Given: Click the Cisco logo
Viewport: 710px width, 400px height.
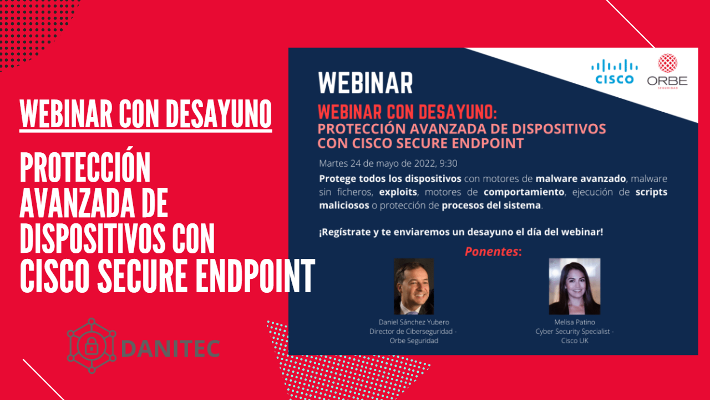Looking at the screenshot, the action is coord(614,72).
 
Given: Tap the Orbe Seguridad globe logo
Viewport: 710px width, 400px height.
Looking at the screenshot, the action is coord(667,63).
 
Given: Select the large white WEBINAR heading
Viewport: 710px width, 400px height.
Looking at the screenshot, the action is coord(366,83).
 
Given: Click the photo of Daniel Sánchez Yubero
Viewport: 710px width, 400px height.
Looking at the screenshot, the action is coord(414,286).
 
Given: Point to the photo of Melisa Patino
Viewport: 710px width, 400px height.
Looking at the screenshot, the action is coord(575,286).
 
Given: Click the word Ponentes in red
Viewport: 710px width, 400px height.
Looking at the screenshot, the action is coord(491,252).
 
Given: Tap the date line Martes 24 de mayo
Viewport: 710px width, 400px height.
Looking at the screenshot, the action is coord(388,163).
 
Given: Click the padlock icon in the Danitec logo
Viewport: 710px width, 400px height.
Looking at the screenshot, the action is coord(92,346).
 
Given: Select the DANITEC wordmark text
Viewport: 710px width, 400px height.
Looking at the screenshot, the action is coord(170,348).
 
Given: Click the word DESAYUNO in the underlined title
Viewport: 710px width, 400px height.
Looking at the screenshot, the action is coord(219,114).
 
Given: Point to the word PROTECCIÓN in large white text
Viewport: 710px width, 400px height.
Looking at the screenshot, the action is coord(85,167).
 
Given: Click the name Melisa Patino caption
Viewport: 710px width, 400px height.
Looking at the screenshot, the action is coord(574,322).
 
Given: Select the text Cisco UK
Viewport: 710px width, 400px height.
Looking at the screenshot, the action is coord(574,341).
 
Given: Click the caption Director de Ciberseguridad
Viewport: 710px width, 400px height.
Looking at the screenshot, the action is coord(411,332).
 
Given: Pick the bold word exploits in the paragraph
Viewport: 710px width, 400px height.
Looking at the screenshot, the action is coord(398,192).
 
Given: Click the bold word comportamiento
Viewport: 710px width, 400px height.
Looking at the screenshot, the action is coord(524,192).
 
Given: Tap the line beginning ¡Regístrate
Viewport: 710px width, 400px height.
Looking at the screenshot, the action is coord(461,232).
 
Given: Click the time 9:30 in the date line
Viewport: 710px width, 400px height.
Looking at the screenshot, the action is coord(448,163).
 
